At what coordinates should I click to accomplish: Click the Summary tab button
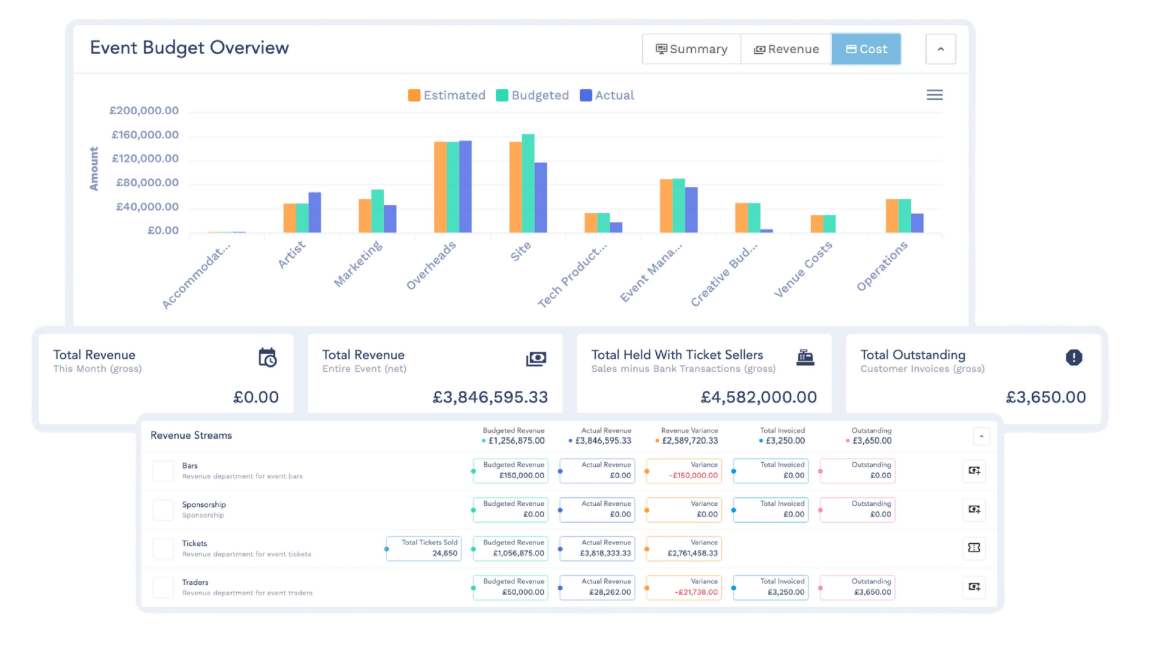pos(692,49)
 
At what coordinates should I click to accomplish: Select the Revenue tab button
pos(786,49)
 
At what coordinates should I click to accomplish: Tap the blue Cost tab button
pos(866,49)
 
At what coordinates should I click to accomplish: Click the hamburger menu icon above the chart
pos(934,95)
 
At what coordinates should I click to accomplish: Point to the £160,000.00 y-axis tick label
pos(145,135)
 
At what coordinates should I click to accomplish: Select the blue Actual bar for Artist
pos(314,212)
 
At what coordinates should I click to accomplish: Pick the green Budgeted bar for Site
pos(528,183)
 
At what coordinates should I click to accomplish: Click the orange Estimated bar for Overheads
pos(440,187)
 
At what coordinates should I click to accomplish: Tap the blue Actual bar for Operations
pos(917,222)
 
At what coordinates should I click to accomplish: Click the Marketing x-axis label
pos(359,264)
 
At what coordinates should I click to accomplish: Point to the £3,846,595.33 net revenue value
pos(490,397)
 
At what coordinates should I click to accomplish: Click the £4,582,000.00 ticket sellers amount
pos(758,397)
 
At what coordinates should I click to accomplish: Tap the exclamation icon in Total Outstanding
pos(1074,357)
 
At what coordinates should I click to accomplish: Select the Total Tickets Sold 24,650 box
pos(424,548)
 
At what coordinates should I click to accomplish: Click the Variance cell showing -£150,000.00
pos(684,470)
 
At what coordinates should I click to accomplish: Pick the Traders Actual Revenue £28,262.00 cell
pos(597,587)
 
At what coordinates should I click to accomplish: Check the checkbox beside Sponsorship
pos(163,509)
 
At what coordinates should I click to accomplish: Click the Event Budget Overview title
pos(190,48)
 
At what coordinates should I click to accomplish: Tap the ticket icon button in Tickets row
pos(974,547)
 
